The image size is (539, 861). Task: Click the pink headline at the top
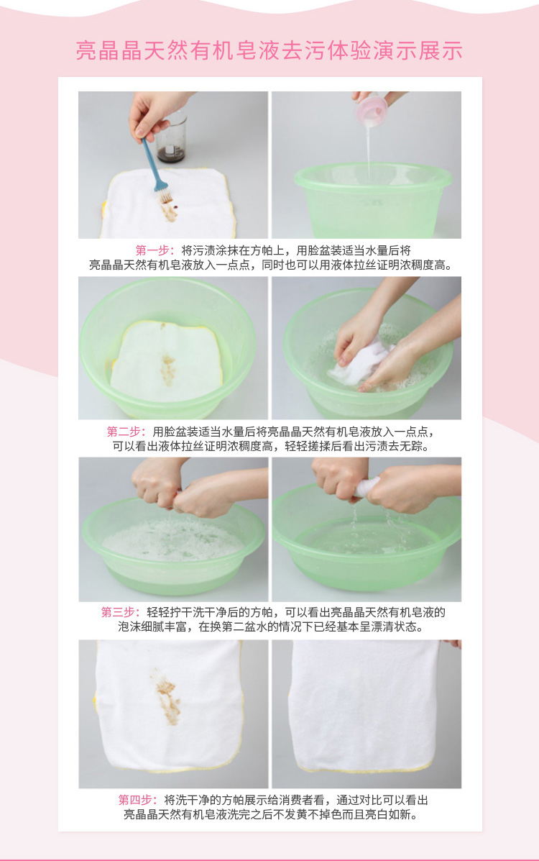[269, 50]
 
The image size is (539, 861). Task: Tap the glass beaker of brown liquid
[171, 137]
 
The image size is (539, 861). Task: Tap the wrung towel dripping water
[367, 486]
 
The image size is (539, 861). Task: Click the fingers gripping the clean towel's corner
[451, 644]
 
